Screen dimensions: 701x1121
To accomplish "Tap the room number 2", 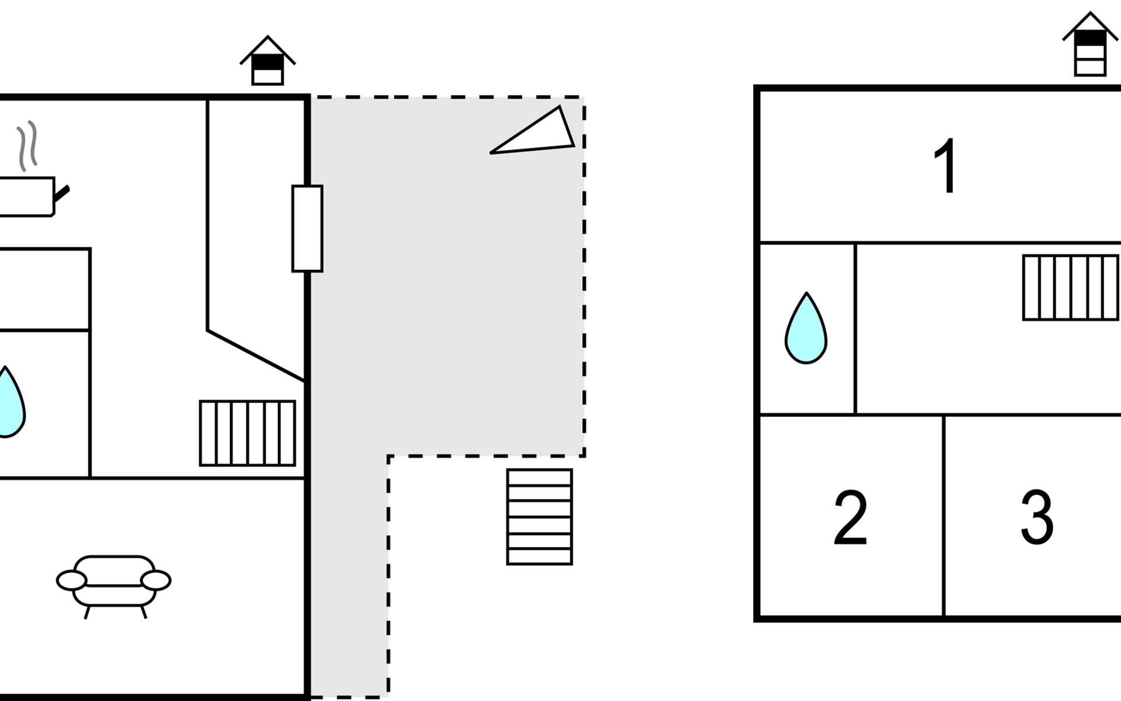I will (x=850, y=518).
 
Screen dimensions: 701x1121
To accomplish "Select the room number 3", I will (x=1037, y=518).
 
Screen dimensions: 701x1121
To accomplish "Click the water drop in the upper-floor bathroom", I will (x=806, y=330).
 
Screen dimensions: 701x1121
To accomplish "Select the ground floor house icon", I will (x=267, y=62).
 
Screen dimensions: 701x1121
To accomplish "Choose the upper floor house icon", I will (x=1090, y=46).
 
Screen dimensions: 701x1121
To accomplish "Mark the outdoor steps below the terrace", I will (x=539, y=516).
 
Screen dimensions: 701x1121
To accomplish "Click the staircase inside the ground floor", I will (x=248, y=433).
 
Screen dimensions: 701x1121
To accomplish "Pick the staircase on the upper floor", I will (x=1071, y=287).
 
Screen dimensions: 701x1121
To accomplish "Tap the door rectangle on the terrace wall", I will (x=307, y=228).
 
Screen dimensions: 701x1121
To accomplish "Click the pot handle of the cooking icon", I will (x=62, y=193).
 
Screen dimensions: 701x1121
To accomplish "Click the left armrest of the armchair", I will (x=71, y=580).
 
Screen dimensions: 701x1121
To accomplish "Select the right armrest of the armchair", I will (x=156, y=580).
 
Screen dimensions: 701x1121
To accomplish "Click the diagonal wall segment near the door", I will (x=256, y=356).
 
